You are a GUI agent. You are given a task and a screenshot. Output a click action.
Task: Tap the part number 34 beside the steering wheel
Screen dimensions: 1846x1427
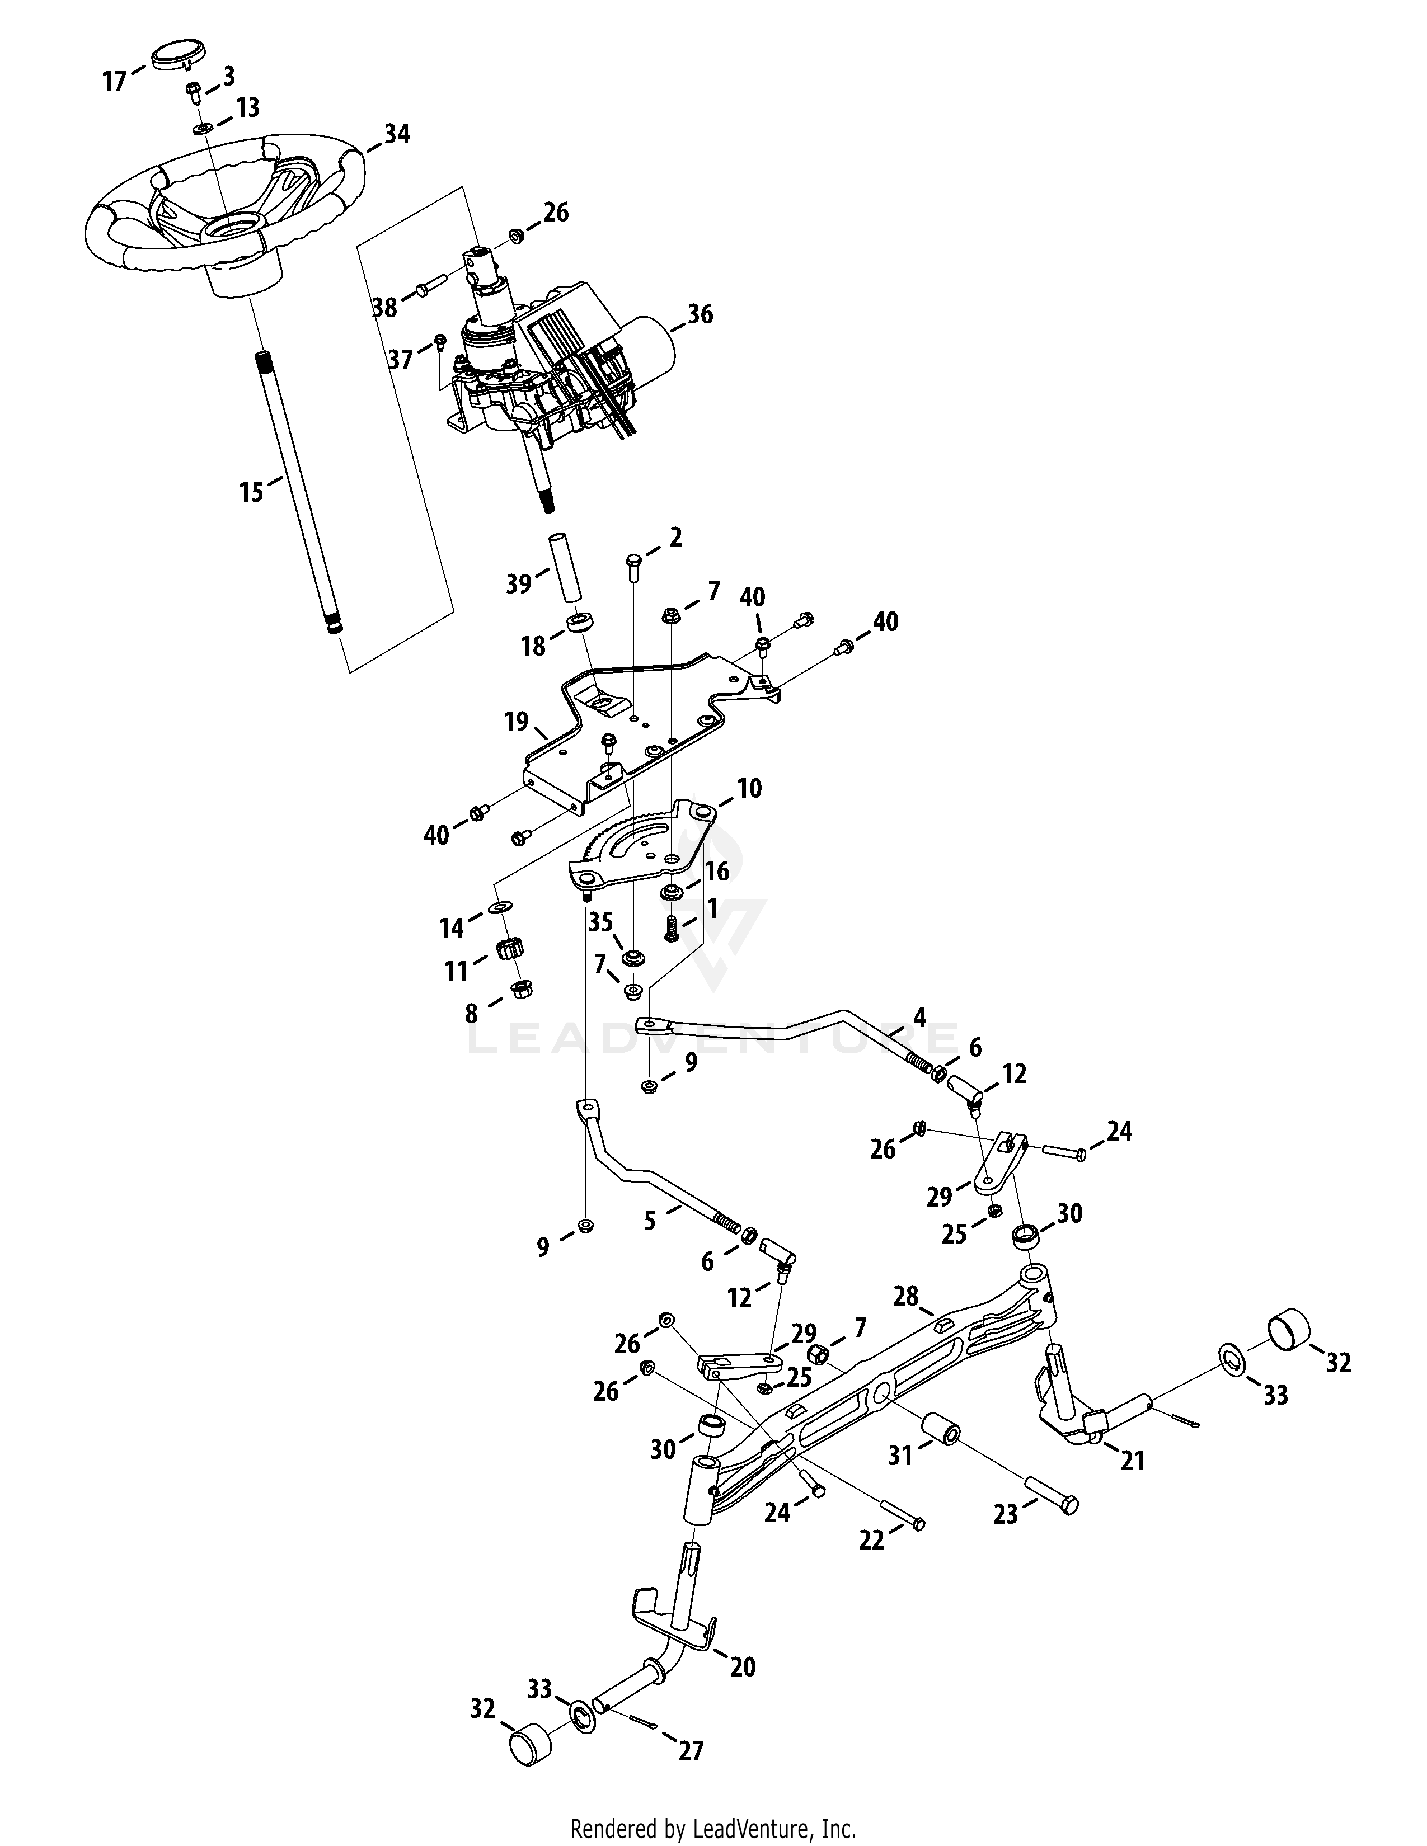tap(397, 134)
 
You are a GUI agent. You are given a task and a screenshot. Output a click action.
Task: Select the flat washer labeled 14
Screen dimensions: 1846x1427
tap(500, 907)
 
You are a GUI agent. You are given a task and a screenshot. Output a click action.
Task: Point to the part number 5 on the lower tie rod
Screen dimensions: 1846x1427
tap(649, 1221)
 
